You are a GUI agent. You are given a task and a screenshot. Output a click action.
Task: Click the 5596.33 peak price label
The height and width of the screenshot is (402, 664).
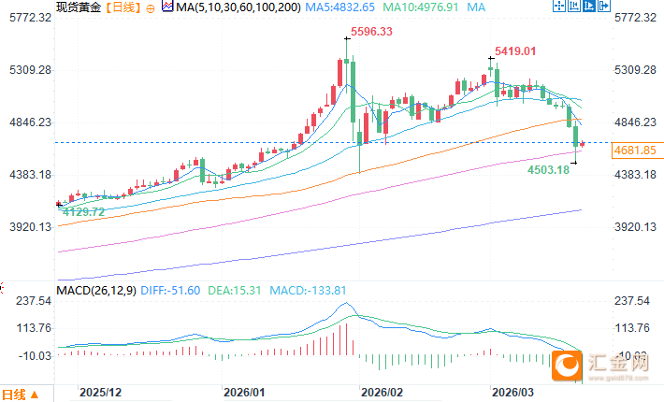pyautogui.click(x=371, y=32)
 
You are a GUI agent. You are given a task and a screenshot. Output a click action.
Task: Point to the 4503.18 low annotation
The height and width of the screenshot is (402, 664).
pyautogui.click(x=549, y=169)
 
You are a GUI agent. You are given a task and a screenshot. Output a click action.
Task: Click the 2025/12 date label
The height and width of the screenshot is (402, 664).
pyautogui.click(x=102, y=394)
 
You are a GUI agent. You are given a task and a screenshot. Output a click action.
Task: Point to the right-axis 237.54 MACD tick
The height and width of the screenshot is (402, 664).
pyautogui.click(x=633, y=301)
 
